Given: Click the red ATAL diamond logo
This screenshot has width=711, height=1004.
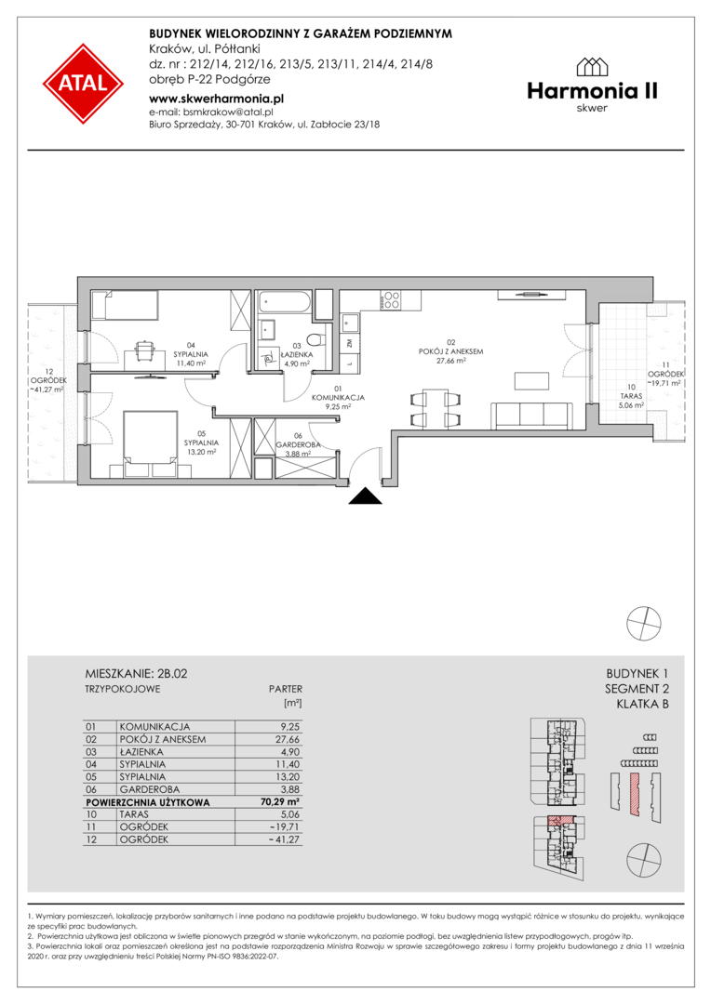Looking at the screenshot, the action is (x=84, y=84).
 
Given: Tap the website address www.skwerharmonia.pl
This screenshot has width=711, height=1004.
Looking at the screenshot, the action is (x=216, y=99).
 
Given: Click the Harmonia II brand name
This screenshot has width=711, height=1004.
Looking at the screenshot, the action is (x=592, y=91).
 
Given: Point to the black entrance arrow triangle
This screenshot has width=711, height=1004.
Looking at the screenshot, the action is (x=366, y=495).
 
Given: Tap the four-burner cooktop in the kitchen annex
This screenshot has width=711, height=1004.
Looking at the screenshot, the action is (x=391, y=300).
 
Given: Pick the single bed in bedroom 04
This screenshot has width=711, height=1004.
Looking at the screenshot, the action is (x=125, y=306).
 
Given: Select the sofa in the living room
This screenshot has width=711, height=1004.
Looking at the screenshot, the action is (x=531, y=416).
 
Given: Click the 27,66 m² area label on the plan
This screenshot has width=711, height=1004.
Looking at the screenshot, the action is (x=450, y=361).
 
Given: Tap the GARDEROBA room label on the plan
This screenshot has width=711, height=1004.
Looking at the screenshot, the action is (x=298, y=444).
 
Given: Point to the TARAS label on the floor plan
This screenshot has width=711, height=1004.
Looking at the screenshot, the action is (x=631, y=396).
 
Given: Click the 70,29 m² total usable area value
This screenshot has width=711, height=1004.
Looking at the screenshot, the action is (x=277, y=801).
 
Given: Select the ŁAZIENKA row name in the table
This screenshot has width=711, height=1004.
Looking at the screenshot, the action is (x=141, y=752).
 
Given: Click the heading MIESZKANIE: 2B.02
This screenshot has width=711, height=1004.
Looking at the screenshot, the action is (x=137, y=674).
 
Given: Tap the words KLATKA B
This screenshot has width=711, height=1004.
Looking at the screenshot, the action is (x=642, y=705).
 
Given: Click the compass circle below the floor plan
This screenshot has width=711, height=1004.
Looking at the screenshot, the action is (x=643, y=622).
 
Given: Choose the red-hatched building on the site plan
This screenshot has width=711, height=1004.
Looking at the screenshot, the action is (x=635, y=793).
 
